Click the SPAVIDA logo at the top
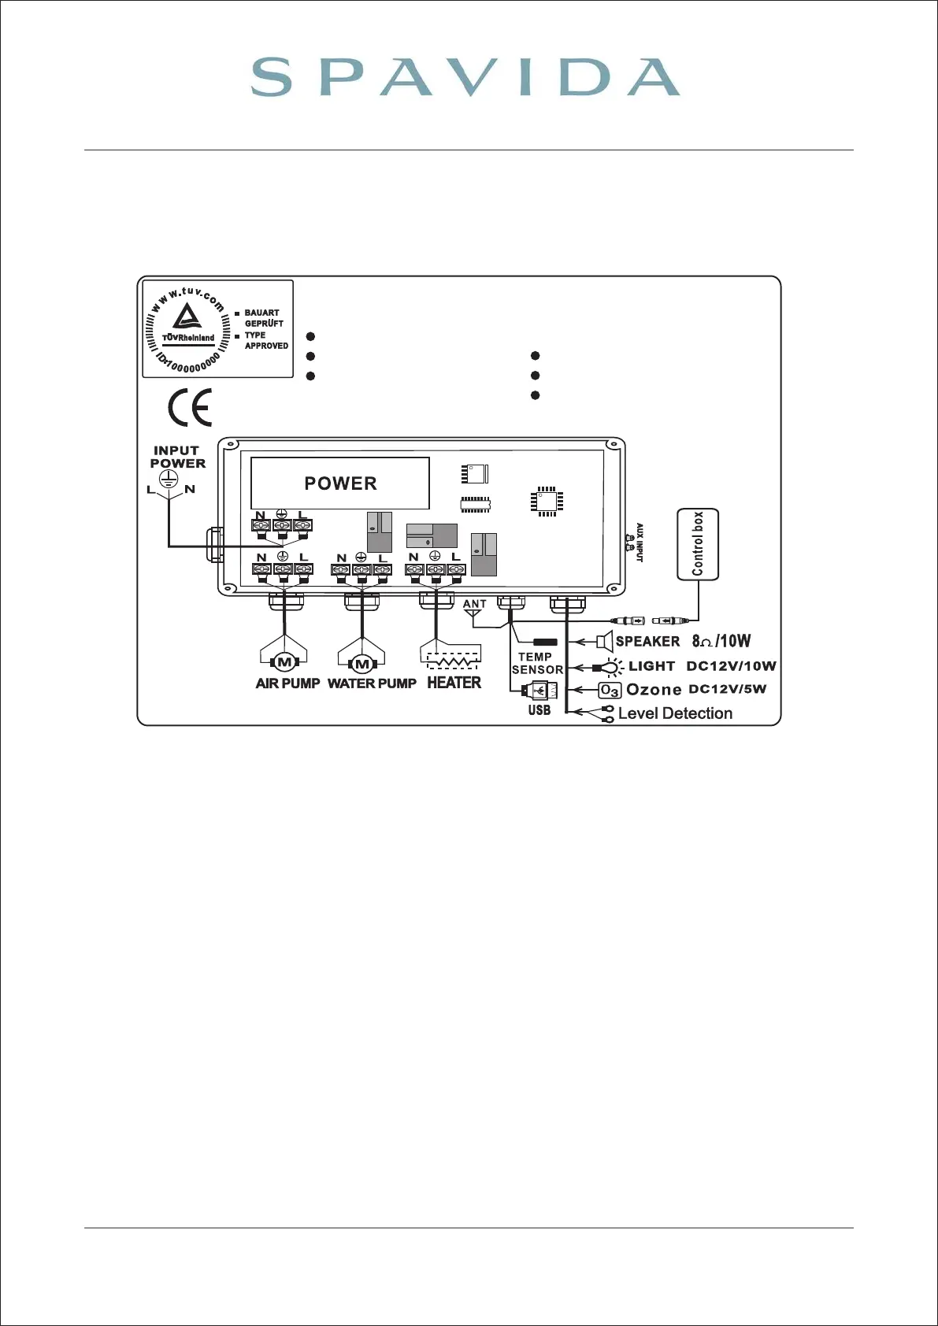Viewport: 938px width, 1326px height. [465, 78]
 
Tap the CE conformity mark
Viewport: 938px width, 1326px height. [190, 407]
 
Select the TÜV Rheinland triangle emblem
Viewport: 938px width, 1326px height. [187, 317]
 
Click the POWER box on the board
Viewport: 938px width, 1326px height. [340, 483]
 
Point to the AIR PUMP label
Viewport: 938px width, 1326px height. [287, 683]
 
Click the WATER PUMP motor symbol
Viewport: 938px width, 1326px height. [361, 663]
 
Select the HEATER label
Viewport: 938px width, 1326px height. [454, 683]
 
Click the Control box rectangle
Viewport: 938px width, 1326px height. [698, 544]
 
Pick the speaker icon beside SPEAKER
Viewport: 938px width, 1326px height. [604, 641]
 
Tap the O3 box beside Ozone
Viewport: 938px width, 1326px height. [610, 691]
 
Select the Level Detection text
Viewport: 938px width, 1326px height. [675, 713]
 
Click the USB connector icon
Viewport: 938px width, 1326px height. [540, 691]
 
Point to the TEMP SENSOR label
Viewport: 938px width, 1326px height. [537, 663]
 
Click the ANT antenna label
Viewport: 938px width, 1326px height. [475, 604]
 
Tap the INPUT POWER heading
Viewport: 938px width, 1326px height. [177, 457]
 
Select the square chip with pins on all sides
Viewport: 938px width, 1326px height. [547, 502]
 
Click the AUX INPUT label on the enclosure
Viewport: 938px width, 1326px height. [639, 542]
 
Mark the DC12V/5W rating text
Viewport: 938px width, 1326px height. [727, 690]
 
